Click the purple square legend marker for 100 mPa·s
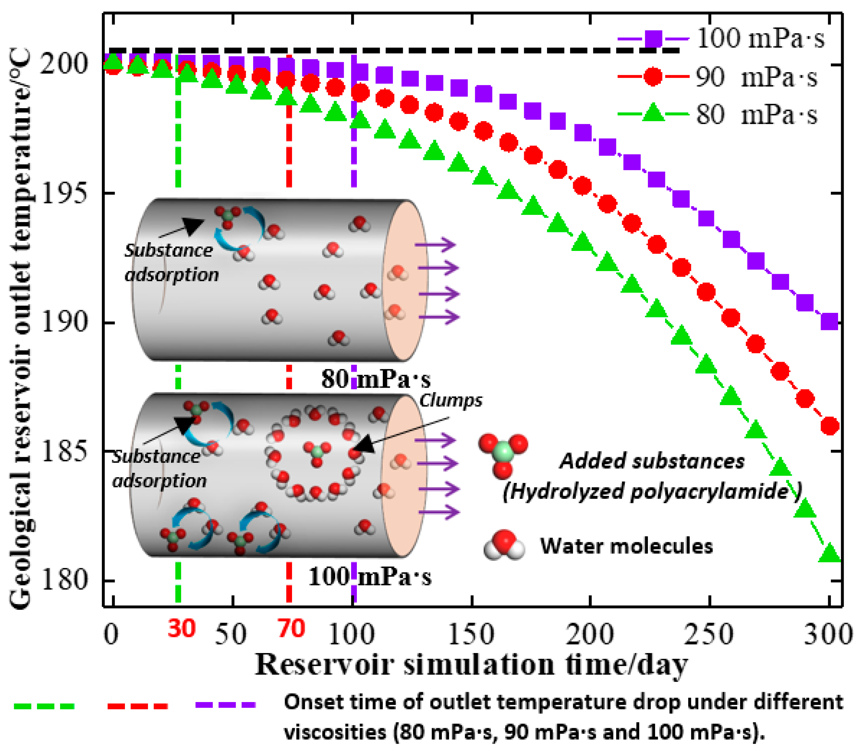[x=653, y=39]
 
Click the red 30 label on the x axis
[x=181, y=629]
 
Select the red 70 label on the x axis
[x=291, y=629]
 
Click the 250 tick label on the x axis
[x=709, y=634]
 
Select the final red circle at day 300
[x=830, y=426]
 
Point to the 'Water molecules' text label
[x=626, y=546]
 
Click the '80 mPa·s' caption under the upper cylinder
[x=376, y=379]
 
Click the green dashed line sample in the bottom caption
[x=44, y=706]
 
